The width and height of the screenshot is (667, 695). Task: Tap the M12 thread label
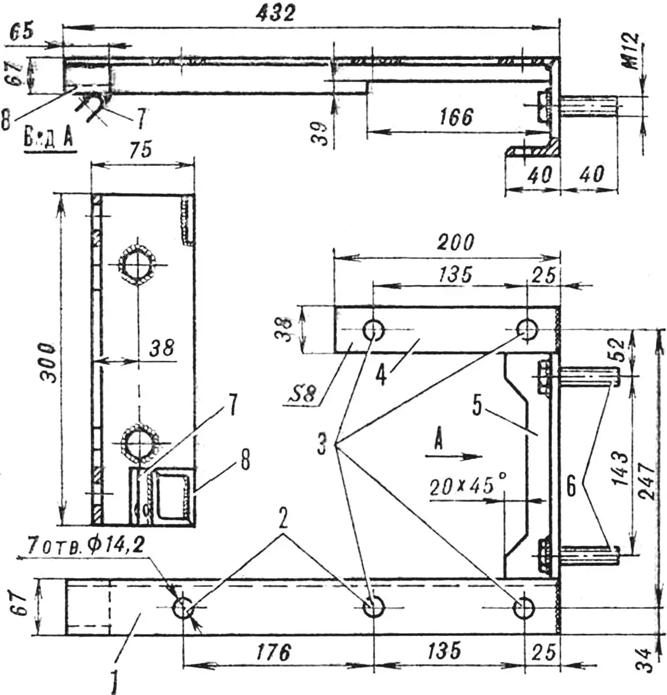tap(633, 51)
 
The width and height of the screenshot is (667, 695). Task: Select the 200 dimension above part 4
tap(455, 242)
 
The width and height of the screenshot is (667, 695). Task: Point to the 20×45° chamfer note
tap(462, 487)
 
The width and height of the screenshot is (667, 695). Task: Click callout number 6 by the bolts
tap(571, 487)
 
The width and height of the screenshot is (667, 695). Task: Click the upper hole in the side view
tap(138, 265)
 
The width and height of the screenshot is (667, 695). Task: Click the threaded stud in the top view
tap(588, 109)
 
